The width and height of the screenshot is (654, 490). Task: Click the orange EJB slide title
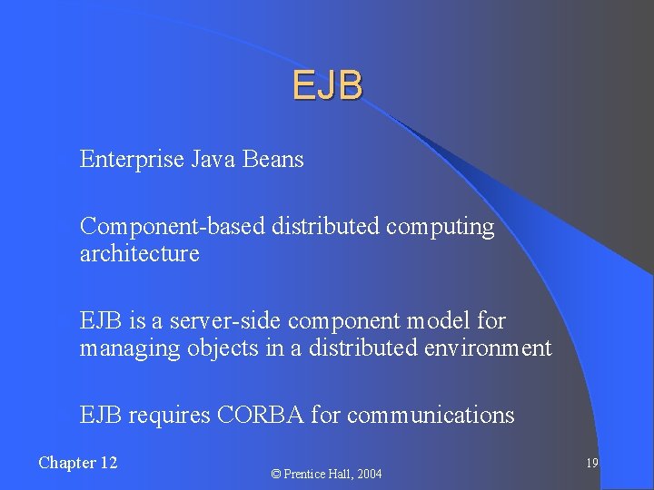[x=328, y=85]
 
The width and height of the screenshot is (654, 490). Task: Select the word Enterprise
[x=132, y=160]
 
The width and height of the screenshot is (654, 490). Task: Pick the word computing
[x=440, y=227]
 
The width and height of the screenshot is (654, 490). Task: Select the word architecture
[x=139, y=254]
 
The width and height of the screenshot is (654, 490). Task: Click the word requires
[x=170, y=416]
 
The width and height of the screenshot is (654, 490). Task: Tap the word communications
[x=431, y=416]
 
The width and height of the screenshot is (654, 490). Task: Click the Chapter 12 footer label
[x=78, y=463]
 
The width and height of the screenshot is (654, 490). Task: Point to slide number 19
[x=591, y=463]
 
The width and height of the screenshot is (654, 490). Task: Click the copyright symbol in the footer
[x=276, y=474]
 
